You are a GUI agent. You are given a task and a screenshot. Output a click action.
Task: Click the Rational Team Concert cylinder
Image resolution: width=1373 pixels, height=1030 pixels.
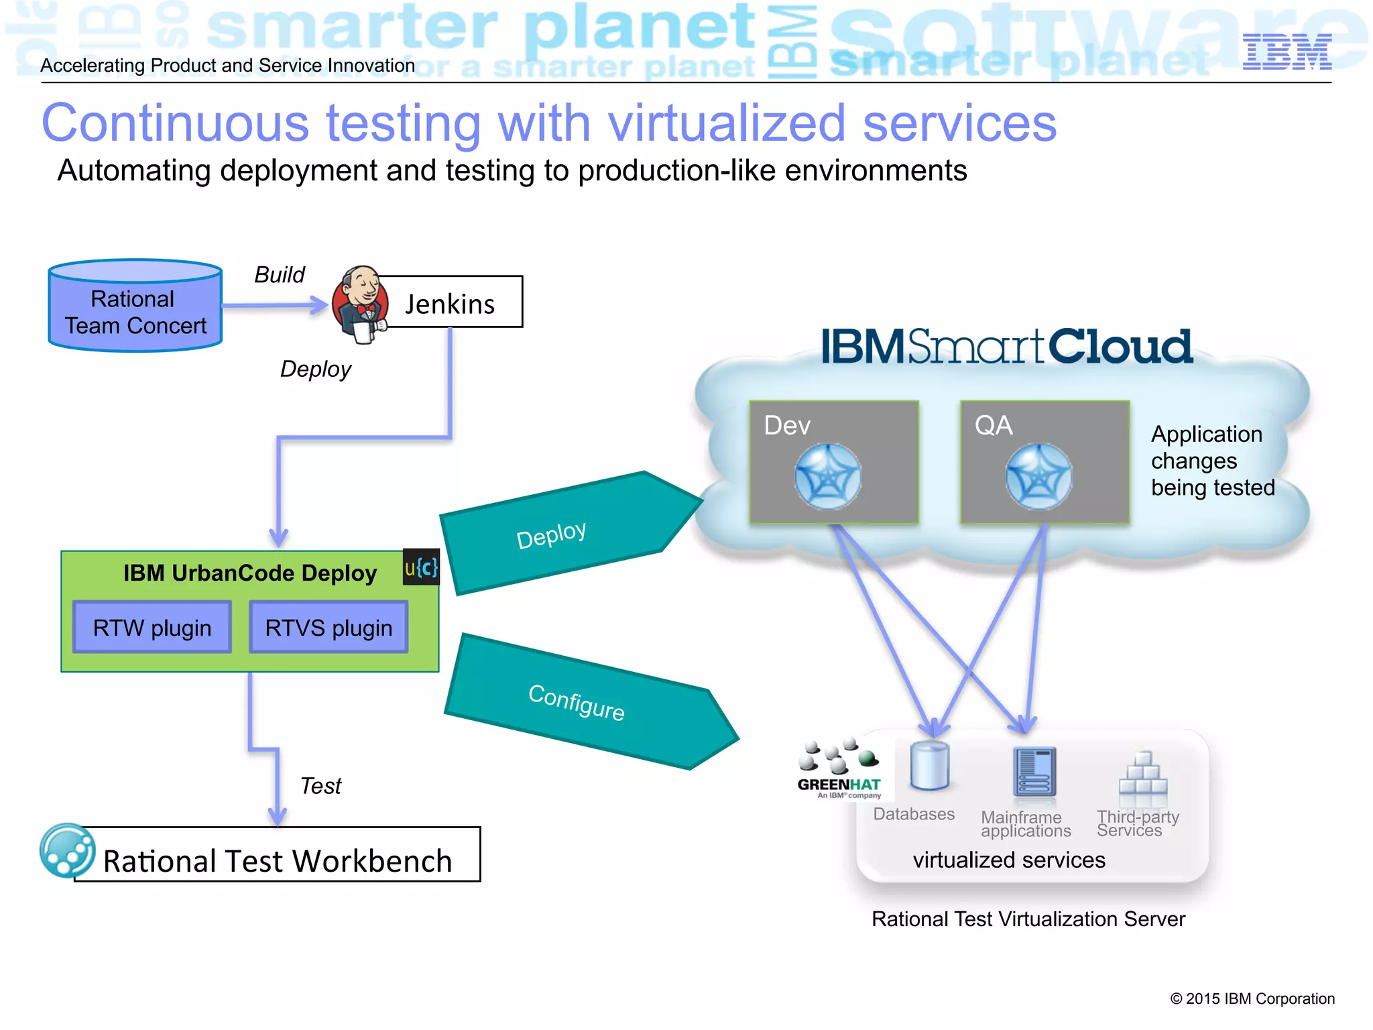coord(135,307)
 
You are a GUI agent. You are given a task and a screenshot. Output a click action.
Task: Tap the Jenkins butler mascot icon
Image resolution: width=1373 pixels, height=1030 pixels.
coord(360,303)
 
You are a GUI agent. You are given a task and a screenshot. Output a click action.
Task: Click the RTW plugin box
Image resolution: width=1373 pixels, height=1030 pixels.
coord(152,628)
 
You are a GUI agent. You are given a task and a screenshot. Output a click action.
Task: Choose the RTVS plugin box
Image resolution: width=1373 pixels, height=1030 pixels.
coord(329,628)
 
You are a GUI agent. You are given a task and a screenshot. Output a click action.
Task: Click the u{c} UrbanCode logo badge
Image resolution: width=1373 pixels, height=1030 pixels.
coord(420,567)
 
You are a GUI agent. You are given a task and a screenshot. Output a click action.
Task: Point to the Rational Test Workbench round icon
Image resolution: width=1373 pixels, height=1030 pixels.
coord(67,850)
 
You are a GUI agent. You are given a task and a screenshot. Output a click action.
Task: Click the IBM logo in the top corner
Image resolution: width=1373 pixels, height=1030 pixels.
coord(1287,52)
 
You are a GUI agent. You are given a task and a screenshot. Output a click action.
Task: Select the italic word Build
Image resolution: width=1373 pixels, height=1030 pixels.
coord(280,275)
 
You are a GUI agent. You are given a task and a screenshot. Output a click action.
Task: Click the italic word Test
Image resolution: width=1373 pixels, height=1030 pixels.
coord(320,786)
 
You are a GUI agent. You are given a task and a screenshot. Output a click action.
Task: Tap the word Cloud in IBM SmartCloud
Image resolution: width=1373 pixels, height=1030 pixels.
coord(1120,347)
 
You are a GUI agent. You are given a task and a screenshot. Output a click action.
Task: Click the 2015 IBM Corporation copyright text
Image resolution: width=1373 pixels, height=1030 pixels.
coord(1252,998)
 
